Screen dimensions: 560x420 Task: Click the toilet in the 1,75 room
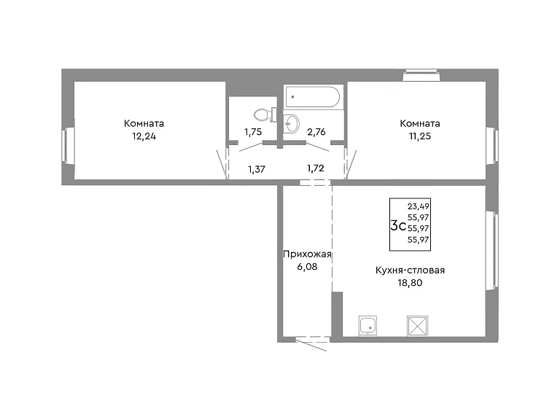[x=265, y=114]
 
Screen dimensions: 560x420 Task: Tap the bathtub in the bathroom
[x=314, y=96]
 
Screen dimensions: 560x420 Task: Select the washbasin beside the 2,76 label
[x=292, y=123]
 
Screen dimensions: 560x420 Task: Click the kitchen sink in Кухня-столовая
[x=367, y=326]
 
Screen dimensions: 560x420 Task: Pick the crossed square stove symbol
[x=418, y=326]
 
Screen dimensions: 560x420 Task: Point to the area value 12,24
[x=144, y=136]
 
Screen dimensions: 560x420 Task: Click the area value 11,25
[x=420, y=136]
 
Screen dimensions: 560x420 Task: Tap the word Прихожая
[x=307, y=254]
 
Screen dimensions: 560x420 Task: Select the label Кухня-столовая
[x=410, y=270]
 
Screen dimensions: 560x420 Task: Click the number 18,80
[x=410, y=283]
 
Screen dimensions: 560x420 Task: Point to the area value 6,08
[x=307, y=267]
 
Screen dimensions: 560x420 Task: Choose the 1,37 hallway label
[x=257, y=169]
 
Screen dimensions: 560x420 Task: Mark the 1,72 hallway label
[x=316, y=168]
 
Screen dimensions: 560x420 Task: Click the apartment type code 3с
[x=398, y=226]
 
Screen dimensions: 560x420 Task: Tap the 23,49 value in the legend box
[x=419, y=206]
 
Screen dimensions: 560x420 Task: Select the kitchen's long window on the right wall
[x=491, y=250]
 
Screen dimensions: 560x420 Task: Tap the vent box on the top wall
[x=421, y=75]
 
